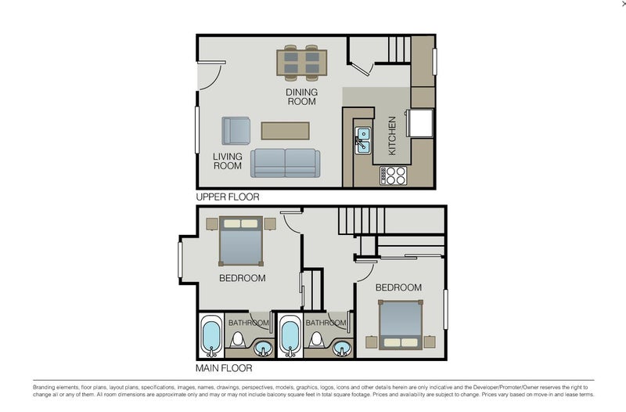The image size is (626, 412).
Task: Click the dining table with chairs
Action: click(x=301, y=63)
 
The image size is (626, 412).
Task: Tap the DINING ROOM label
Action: click(x=300, y=96)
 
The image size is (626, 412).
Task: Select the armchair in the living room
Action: click(x=236, y=131)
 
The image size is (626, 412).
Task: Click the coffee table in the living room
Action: click(x=286, y=130)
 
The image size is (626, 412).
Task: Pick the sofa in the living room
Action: click(x=285, y=162)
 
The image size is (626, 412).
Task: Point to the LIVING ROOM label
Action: click(x=228, y=161)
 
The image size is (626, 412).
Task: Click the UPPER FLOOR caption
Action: click(x=227, y=197)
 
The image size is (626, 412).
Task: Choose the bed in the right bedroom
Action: click(x=401, y=324)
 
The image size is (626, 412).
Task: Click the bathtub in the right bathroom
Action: click(x=290, y=338)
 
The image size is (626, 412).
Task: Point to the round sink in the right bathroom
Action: click(x=341, y=348)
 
